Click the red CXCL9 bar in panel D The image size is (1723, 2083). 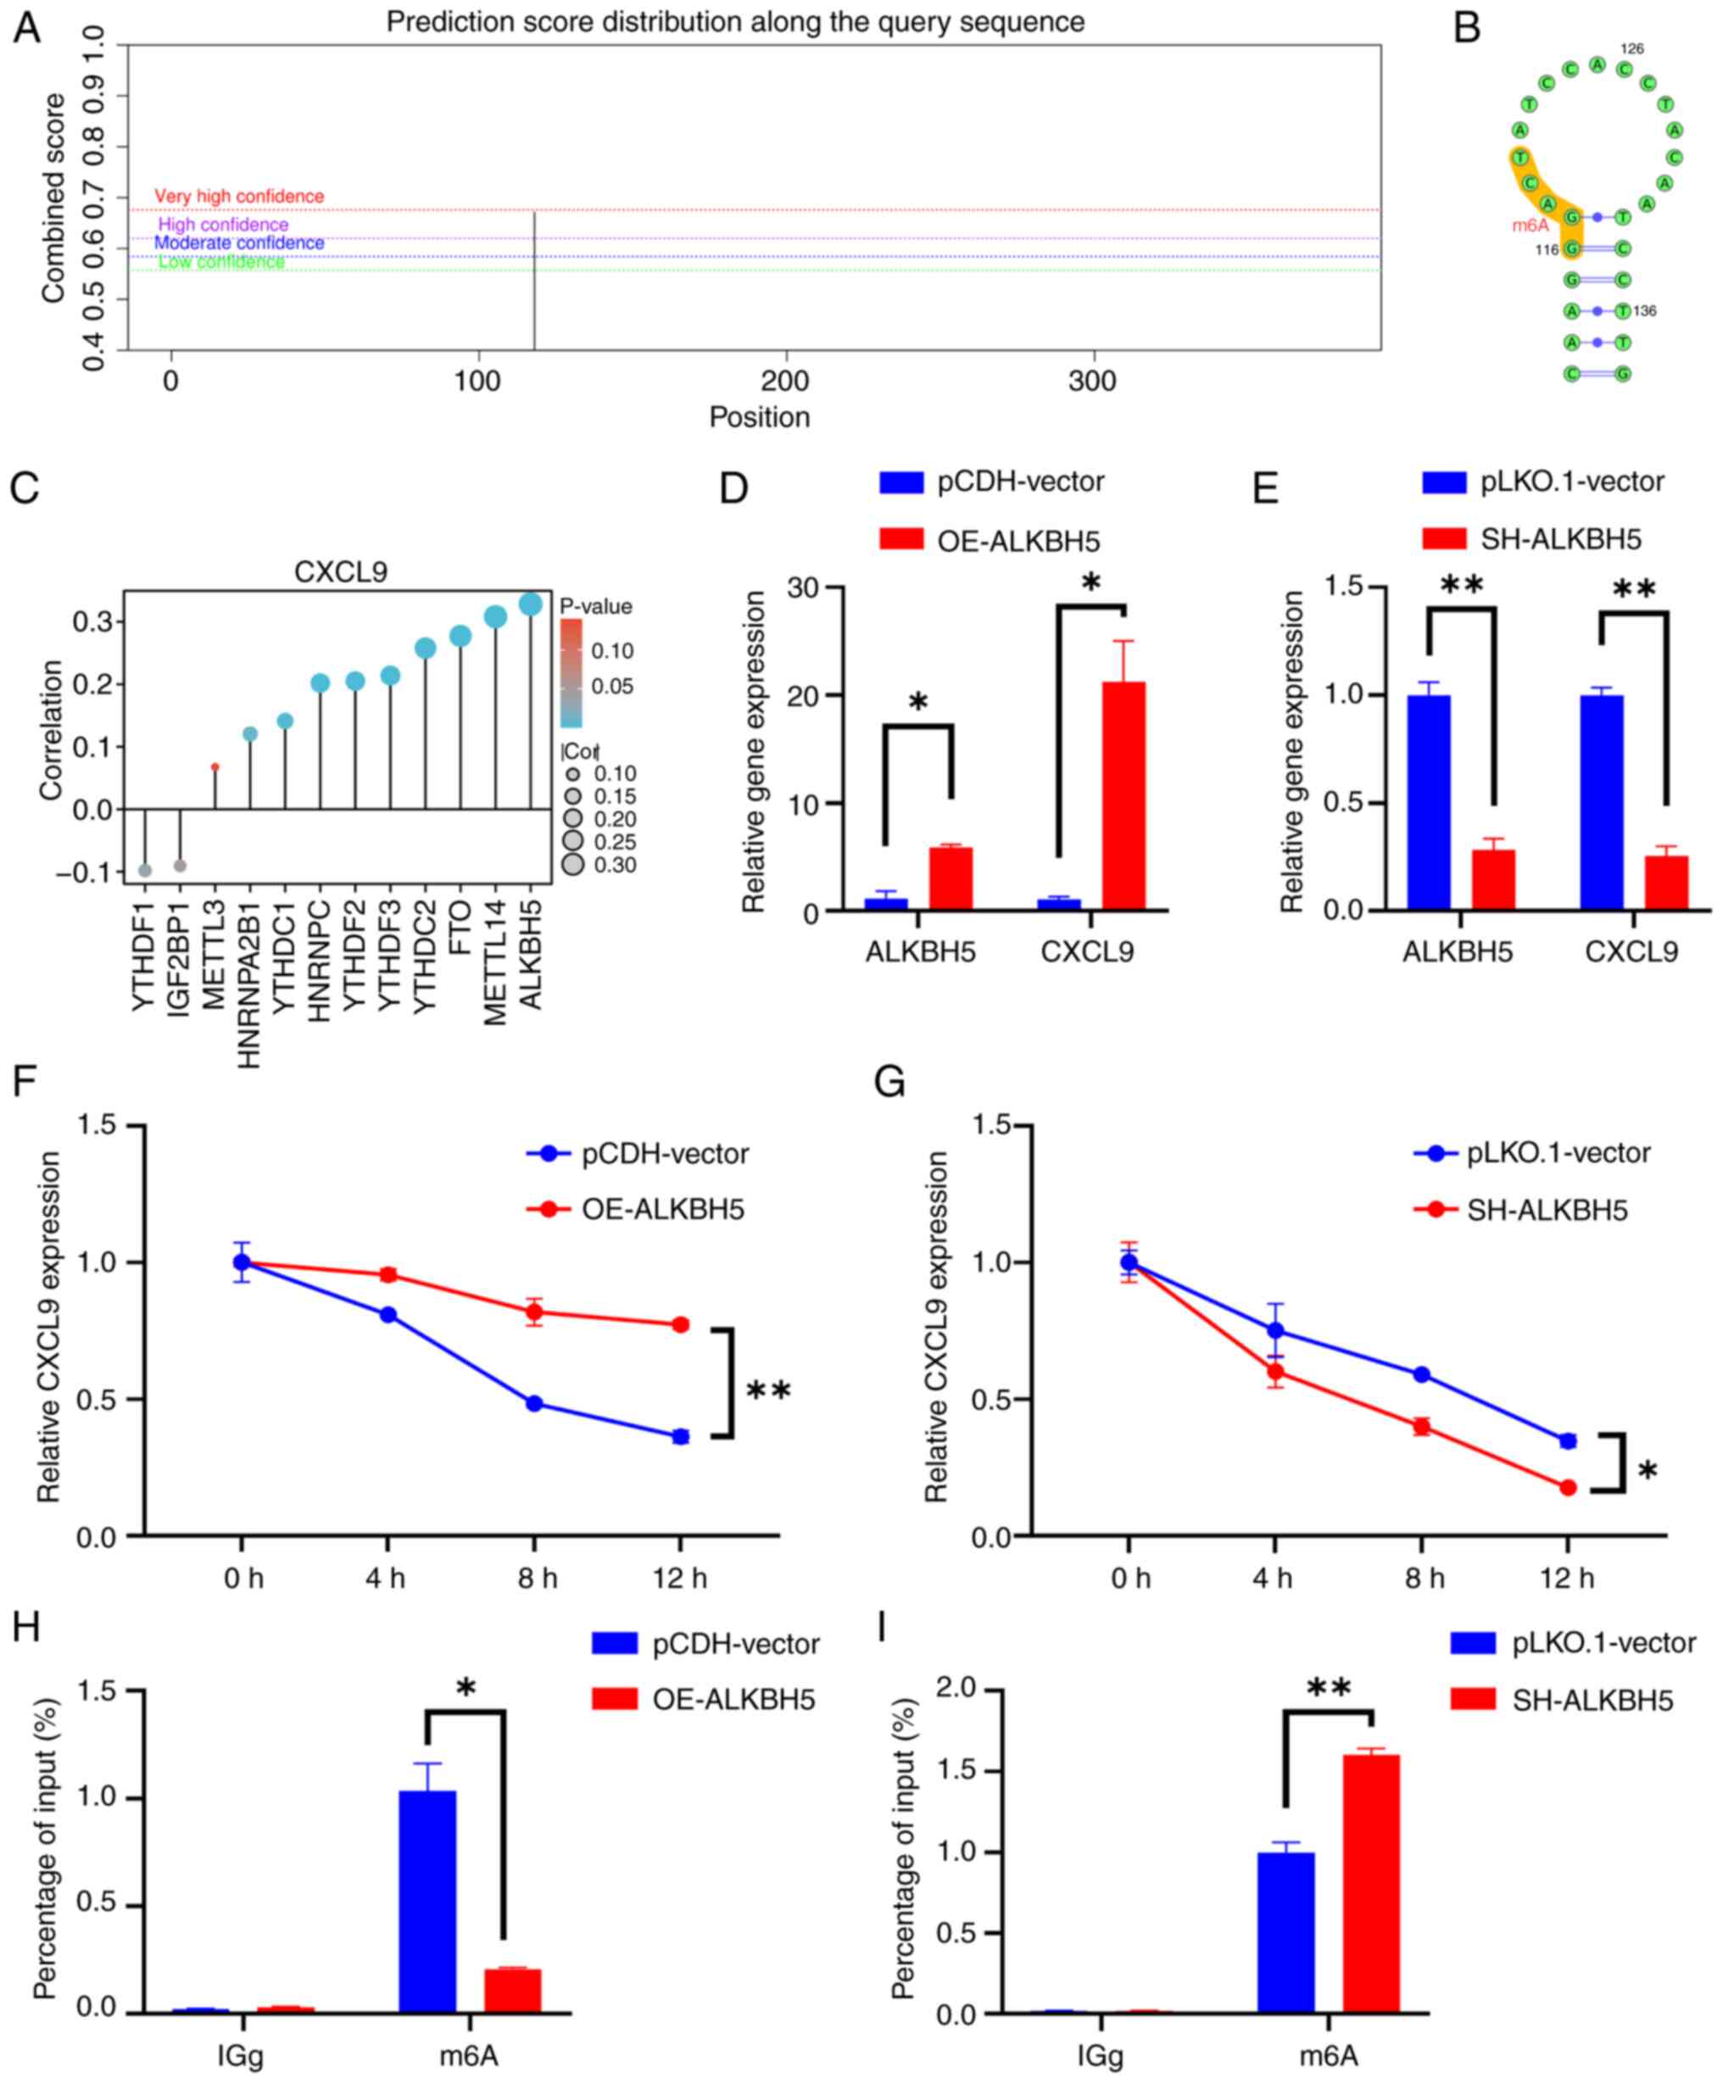(1123, 794)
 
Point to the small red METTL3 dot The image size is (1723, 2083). (215, 766)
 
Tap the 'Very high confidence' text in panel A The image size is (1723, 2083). (239, 197)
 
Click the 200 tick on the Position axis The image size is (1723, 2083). (786, 381)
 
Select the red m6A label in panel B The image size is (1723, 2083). (1530, 226)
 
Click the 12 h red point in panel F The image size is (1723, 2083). (681, 1324)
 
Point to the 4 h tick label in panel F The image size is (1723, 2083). (386, 1577)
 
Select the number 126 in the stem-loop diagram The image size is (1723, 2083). (1631, 48)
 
